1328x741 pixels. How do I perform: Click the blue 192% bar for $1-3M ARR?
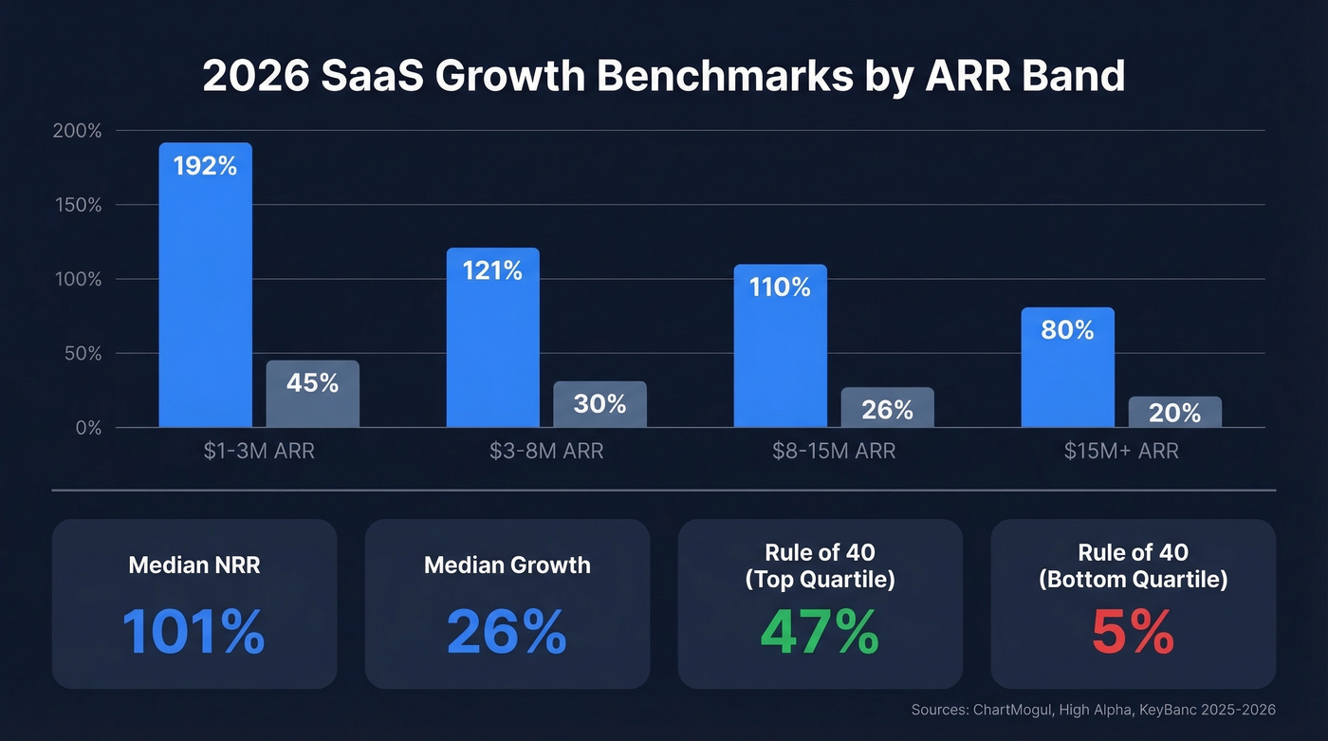coord(205,285)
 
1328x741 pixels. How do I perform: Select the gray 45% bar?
coord(312,394)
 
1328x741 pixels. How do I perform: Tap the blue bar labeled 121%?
coord(492,337)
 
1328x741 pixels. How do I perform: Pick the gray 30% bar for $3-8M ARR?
coord(599,404)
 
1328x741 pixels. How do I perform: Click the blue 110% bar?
coord(780,345)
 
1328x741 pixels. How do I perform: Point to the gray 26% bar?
coord(887,407)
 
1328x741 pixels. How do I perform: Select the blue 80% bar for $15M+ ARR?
coord(1067,367)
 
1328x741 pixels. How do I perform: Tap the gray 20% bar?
coord(1174,412)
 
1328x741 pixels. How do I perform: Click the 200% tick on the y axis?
coord(77,131)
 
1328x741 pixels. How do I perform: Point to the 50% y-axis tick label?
coord(82,354)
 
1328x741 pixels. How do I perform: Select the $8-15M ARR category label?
coord(834,452)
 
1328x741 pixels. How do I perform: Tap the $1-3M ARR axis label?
coord(259,452)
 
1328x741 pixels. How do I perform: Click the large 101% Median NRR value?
coord(194,633)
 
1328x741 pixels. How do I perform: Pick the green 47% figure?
coord(820,633)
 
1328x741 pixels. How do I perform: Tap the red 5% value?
coord(1133,633)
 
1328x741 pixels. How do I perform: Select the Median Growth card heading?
coord(507,565)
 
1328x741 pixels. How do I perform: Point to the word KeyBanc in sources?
coord(1174,710)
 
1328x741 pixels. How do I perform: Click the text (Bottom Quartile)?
coord(1133,580)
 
